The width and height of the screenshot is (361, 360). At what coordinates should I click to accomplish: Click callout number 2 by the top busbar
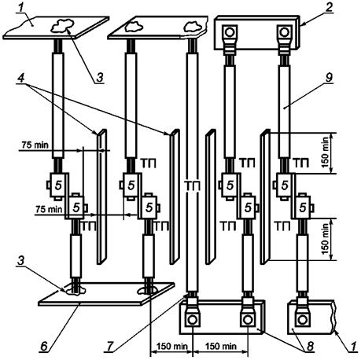coord(329,7)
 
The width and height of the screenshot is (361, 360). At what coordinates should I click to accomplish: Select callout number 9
coord(329,78)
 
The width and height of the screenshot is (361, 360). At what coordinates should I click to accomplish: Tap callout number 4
coord(21,78)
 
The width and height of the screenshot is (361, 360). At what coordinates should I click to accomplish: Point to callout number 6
coord(44,346)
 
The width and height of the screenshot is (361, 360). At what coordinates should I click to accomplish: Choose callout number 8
coord(310,346)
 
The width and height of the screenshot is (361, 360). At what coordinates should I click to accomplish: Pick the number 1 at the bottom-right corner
coord(353,346)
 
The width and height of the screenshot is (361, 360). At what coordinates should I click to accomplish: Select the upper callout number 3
coord(99,78)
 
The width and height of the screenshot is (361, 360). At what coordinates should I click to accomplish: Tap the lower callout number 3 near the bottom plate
coord(21,260)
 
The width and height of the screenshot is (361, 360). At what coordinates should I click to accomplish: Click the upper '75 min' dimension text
coord(35,145)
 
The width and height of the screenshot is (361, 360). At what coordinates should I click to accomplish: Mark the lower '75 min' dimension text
coord(49,209)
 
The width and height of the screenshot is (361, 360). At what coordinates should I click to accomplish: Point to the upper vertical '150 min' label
coord(325,152)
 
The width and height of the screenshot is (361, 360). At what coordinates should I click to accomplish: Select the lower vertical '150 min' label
coord(325,239)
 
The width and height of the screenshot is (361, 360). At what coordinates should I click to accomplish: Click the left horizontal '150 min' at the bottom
coord(172,346)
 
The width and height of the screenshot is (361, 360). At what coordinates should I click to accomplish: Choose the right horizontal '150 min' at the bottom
coord(221,346)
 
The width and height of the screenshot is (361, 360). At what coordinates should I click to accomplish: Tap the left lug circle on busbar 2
coord(230,32)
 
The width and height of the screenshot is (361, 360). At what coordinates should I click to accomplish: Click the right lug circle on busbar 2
coord(284,32)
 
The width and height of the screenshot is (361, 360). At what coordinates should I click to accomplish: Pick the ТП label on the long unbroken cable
coord(193,186)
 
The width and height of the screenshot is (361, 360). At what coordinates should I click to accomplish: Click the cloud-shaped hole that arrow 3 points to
coord(62,25)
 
